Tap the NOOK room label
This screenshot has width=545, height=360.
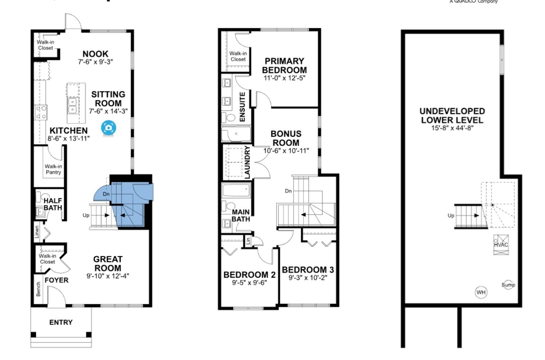95,54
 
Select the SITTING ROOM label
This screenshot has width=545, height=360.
109,99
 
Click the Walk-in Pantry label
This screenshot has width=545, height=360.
53,169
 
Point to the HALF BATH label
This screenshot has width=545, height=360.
53,204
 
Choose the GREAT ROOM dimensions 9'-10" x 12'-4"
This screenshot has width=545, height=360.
108,276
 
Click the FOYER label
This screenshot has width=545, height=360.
57,280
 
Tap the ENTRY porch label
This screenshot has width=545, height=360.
61,322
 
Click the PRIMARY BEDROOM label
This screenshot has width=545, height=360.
284,66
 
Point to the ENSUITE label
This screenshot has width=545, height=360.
242,107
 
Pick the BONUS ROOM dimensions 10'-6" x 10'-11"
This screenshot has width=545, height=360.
286,151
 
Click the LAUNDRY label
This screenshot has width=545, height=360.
247,163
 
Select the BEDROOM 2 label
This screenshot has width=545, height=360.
249,275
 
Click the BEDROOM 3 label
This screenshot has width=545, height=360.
308,270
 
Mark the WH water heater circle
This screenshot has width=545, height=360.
481,292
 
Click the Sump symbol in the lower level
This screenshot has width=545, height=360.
508,285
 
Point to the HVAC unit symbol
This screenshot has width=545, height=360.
501,244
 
